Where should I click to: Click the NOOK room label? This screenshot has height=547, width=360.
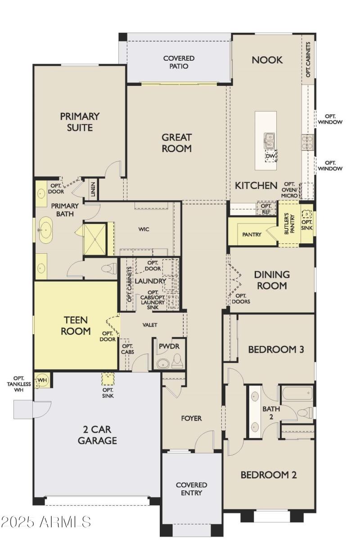[x=267, y=60]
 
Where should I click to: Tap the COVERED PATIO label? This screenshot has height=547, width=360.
[x=179, y=62]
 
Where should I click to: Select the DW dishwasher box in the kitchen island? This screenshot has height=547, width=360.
[x=270, y=156]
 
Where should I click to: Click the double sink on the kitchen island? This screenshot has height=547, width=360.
[x=269, y=140]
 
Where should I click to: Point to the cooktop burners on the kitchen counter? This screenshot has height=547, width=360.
[x=307, y=142]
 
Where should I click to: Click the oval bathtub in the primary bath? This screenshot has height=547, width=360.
[x=45, y=230]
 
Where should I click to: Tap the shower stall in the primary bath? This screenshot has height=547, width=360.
[x=95, y=239]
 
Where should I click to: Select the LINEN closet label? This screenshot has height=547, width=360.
[x=93, y=189]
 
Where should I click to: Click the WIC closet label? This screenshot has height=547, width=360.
[x=144, y=229]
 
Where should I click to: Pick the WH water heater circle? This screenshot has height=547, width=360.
[x=42, y=380]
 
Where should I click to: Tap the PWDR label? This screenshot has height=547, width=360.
[x=169, y=346]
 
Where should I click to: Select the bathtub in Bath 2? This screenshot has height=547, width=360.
[x=297, y=393]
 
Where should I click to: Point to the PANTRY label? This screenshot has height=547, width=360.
[x=252, y=234]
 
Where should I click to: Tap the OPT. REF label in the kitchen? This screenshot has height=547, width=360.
[x=266, y=209]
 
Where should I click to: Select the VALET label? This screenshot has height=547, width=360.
[x=150, y=325]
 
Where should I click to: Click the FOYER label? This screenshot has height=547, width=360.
[x=192, y=418]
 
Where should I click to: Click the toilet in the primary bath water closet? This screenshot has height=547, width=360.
[x=109, y=269]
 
